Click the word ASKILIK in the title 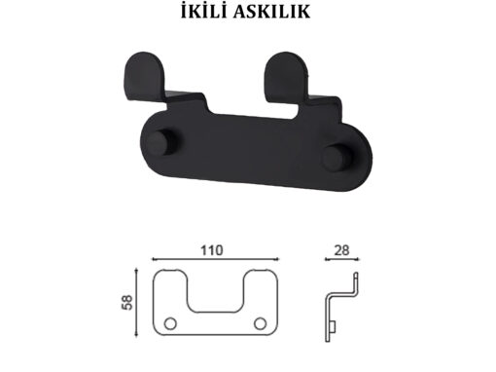click(x=271, y=12)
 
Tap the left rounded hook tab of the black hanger click(x=145, y=75)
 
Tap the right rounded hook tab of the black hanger click(x=286, y=75)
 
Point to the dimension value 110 click(x=212, y=250)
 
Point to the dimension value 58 click(x=127, y=302)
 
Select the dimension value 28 click(x=341, y=250)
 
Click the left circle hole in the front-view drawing click(x=170, y=323)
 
